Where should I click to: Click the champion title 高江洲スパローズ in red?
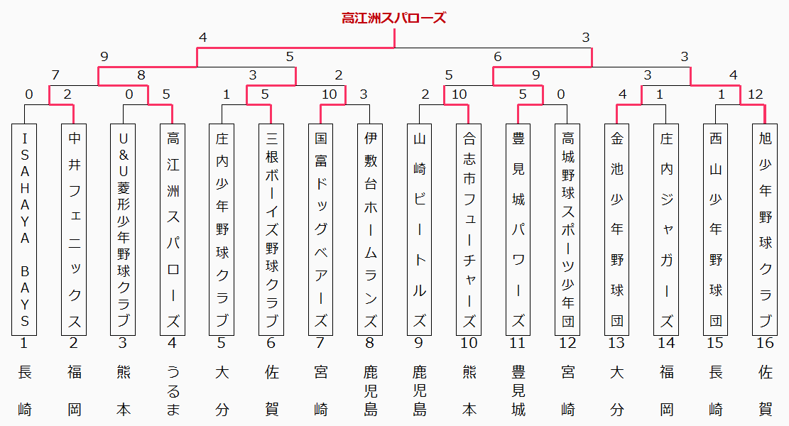point(394,18)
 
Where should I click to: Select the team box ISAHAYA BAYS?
point(24,229)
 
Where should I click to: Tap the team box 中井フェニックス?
point(74,229)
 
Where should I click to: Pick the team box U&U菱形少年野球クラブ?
point(123,229)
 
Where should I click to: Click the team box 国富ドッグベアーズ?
point(320,229)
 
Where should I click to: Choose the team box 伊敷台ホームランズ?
point(370,229)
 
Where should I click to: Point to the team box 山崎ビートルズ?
point(419,229)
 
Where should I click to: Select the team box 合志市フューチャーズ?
point(469,229)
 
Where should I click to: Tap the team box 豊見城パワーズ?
point(518,229)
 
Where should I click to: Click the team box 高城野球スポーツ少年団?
point(567,229)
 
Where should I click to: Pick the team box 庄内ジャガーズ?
point(666,229)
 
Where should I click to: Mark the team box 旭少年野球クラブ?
point(765,229)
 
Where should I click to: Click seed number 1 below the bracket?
point(23,343)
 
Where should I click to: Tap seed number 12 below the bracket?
point(567,343)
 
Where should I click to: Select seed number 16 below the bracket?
point(765,343)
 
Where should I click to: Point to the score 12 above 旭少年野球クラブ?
point(756,94)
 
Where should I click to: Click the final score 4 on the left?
point(203,38)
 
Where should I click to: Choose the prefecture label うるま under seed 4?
point(173,390)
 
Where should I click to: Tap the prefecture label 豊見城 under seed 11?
point(518,390)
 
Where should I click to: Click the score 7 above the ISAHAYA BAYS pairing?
point(55,75)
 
